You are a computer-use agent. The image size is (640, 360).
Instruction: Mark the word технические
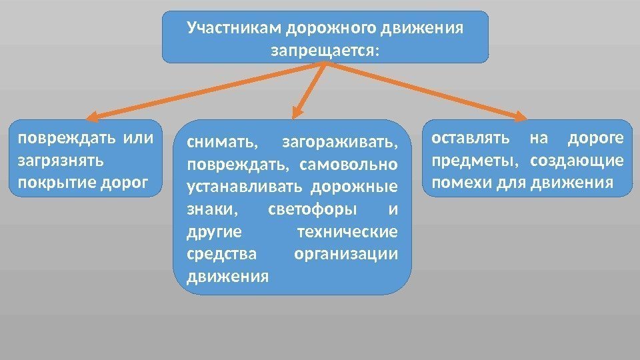pyautogui.click(x=347, y=231)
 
